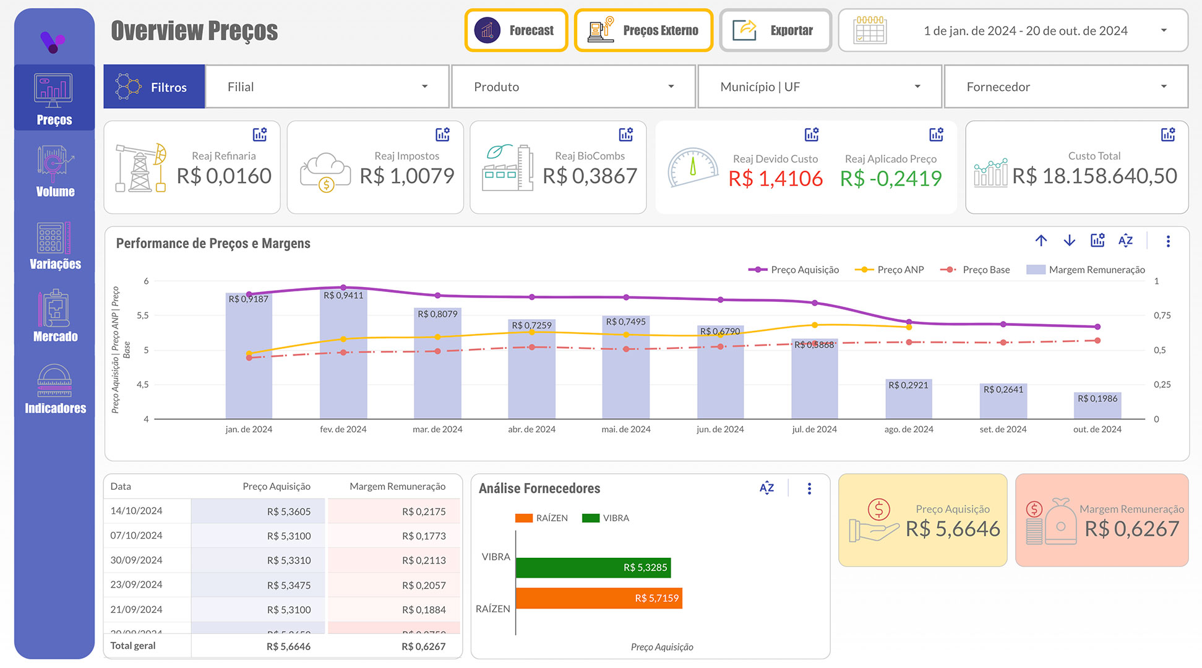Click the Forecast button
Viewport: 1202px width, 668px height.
click(516, 30)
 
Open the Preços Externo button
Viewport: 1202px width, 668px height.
click(643, 30)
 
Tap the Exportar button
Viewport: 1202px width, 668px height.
click(775, 30)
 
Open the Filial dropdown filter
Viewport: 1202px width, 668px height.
click(327, 87)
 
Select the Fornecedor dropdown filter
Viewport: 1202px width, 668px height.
click(1065, 87)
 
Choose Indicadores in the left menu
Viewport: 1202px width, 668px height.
click(55, 389)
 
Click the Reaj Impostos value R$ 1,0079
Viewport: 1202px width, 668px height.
click(407, 176)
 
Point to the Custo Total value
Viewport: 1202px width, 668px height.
click(1094, 176)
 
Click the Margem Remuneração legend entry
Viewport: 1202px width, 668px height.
click(1086, 270)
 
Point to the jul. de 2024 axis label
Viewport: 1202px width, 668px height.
click(814, 429)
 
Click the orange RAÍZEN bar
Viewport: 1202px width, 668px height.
click(598, 598)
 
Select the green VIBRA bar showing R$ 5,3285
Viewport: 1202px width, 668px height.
click(592, 567)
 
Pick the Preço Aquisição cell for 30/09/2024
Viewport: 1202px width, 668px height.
click(289, 560)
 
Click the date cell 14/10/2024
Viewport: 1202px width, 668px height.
click(136, 511)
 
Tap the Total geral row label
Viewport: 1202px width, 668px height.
click(133, 646)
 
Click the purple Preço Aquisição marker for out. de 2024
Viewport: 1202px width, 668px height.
click(1097, 327)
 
